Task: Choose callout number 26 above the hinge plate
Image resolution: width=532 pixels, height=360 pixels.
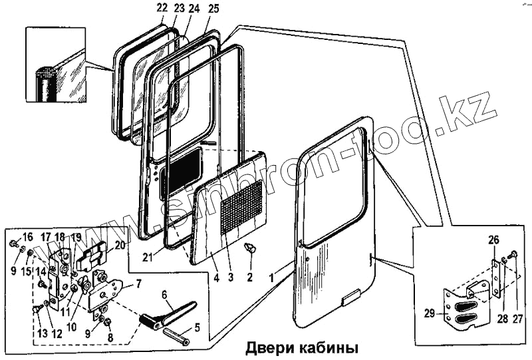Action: coord(493,240)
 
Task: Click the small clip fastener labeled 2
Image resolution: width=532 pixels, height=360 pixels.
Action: coord(251,250)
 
